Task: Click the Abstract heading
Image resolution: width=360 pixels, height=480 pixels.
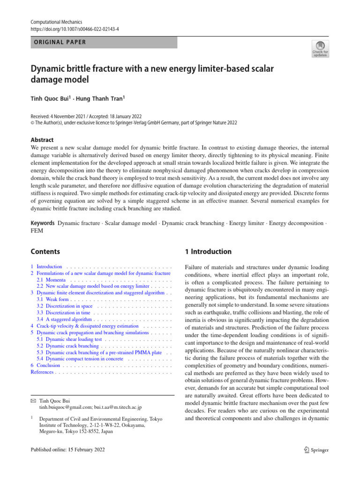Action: tap(43, 140)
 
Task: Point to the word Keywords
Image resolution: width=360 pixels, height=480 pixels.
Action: tap(43, 224)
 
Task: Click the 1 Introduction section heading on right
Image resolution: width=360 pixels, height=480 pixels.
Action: tap(209, 252)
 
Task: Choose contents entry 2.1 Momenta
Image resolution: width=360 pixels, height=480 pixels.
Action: tap(52, 279)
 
